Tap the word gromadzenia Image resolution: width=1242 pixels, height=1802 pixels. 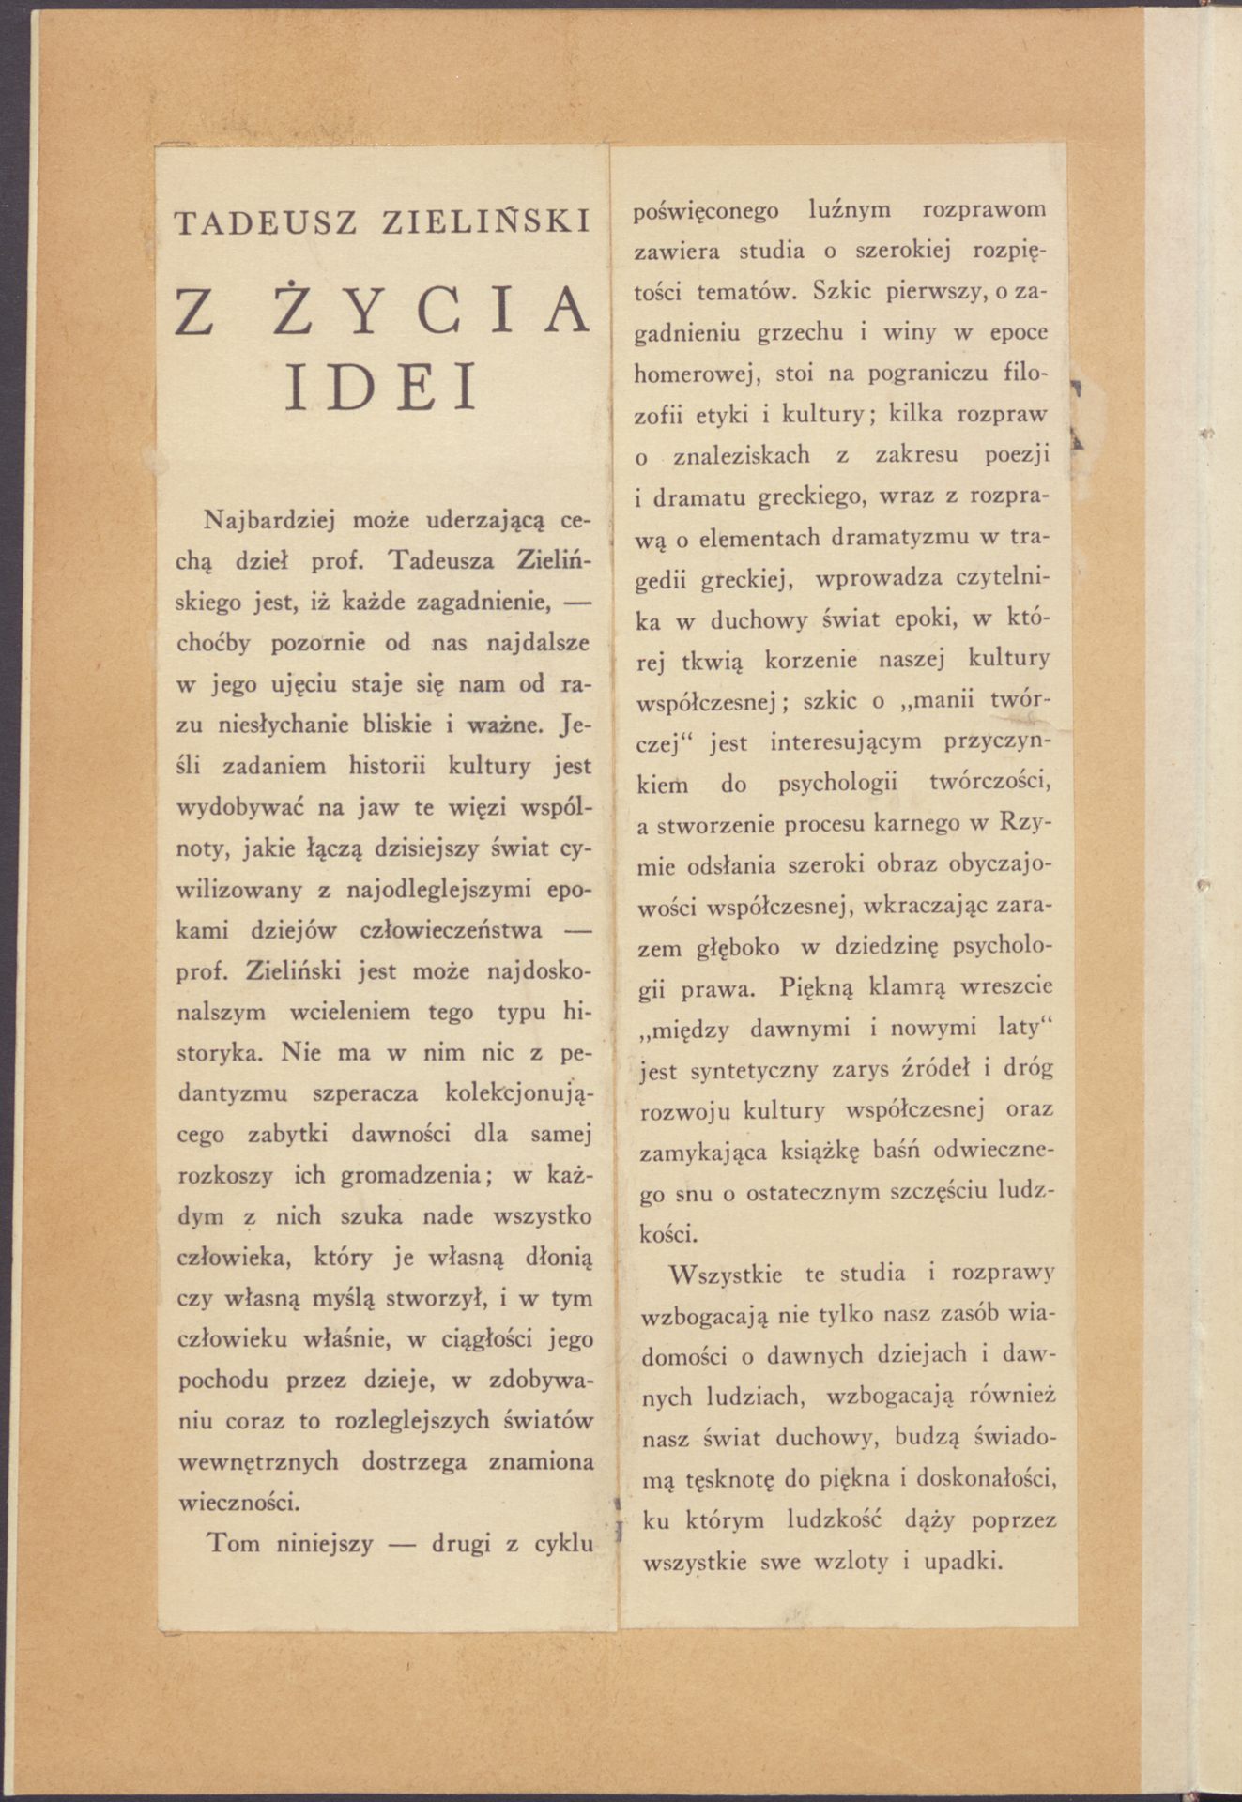click(410, 1175)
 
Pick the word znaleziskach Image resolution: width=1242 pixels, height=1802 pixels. click(746, 456)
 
